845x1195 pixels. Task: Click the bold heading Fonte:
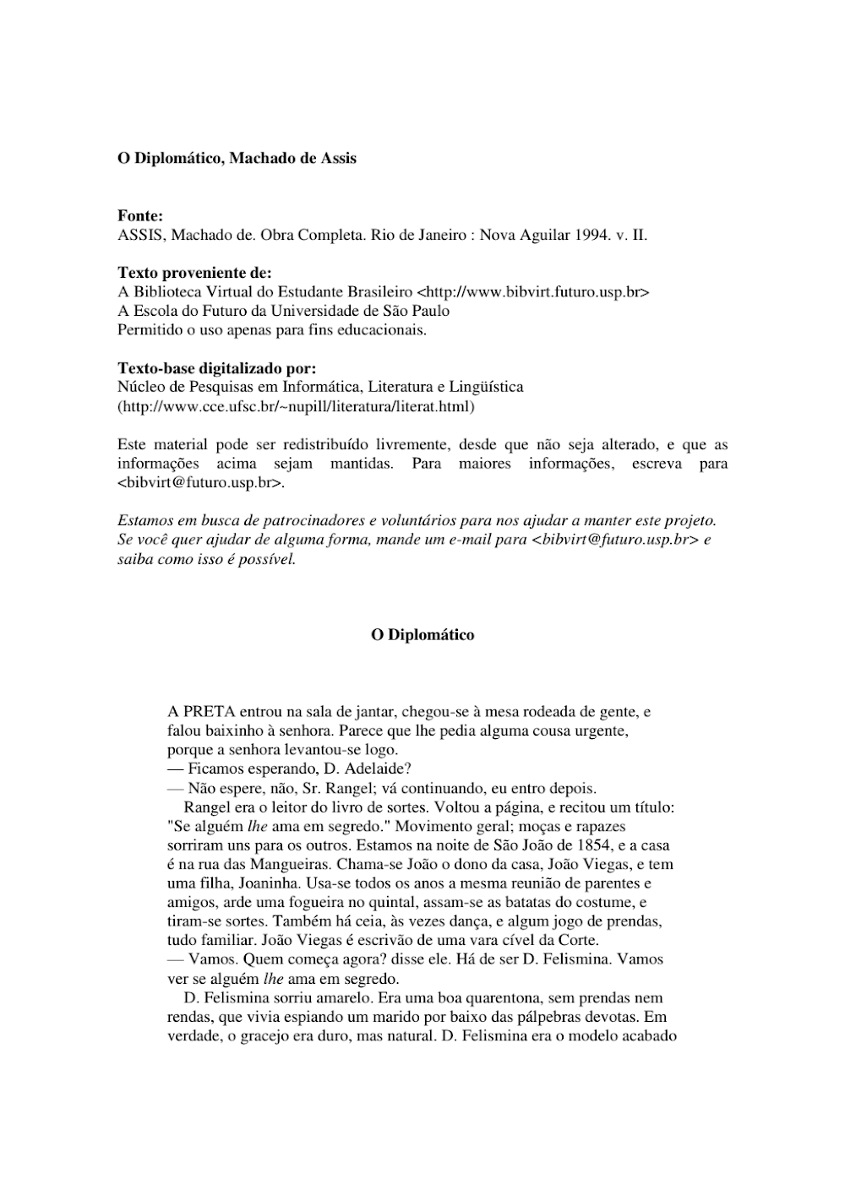click(x=139, y=216)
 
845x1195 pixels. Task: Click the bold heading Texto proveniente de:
click(x=194, y=273)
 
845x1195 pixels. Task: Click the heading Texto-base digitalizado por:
click(x=217, y=368)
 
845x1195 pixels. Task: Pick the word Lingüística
click(x=488, y=387)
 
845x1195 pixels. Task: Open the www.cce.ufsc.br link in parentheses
click(x=296, y=406)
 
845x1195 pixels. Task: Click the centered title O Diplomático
click(x=422, y=635)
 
